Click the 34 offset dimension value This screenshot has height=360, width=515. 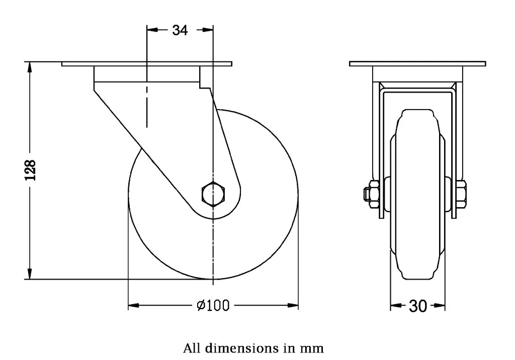(x=180, y=31)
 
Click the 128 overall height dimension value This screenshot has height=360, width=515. (x=31, y=170)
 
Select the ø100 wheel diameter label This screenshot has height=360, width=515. (x=213, y=305)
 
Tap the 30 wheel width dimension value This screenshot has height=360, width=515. (x=417, y=306)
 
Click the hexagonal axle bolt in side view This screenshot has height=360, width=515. (x=214, y=194)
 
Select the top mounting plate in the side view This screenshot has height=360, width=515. (x=147, y=64)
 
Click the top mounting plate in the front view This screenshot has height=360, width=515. (x=417, y=64)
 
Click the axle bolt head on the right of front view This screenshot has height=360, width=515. (x=462, y=194)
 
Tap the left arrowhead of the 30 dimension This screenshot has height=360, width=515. (x=395, y=305)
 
